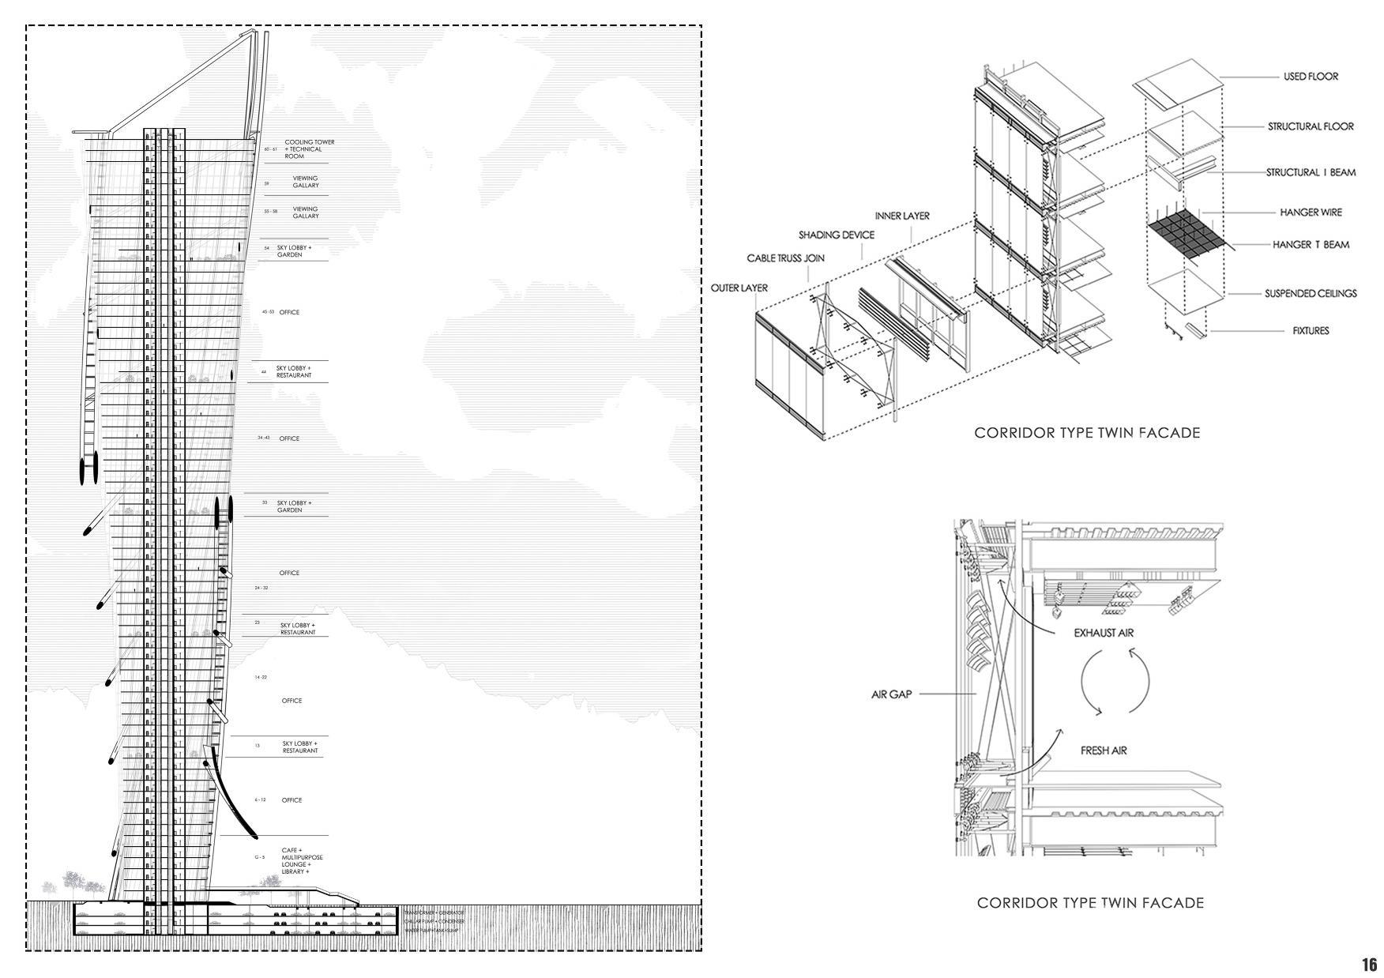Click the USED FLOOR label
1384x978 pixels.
pyautogui.click(x=1311, y=77)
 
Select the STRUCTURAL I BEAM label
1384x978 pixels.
pyautogui.click(x=1311, y=172)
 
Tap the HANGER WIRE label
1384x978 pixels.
pyautogui.click(x=1311, y=212)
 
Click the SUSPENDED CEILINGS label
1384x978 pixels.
pyautogui.click(x=1310, y=293)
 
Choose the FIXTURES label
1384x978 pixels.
pyautogui.click(x=1311, y=331)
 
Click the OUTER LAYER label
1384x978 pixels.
pyautogui.click(x=739, y=288)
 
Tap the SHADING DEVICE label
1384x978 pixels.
pyautogui.click(x=836, y=235)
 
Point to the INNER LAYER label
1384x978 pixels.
pyautogui.click(x=901, y=216)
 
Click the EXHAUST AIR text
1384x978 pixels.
pyautogui.click(x=1104, y=633)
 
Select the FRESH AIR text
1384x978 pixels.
pyautogui.click(x=1103, y=750)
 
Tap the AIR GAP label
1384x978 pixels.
pyautogui.click(x=891, y=694)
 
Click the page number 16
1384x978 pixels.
pyautogui.click(x=1369, y=965)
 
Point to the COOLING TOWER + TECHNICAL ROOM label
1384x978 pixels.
pyautogui.click(x=309, y=149)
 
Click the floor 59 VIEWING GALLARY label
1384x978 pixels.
pyautogui.click(x=306, y=182)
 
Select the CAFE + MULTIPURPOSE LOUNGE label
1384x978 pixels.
pyautogui.click(x=302, y=861)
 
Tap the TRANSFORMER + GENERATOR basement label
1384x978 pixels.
pyautogui.click(x=433, y=912)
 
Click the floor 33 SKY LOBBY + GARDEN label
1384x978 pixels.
pyautogui.click(x=294, y=506)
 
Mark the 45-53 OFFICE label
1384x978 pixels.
pyautogui.click(x=289, y=312)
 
